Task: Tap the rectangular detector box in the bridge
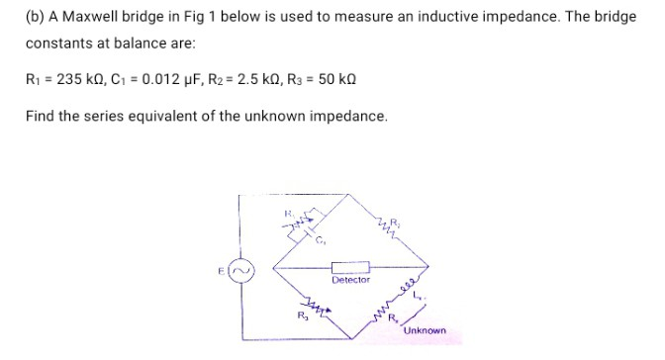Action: pos(350,267)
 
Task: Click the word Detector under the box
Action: pos(350,280)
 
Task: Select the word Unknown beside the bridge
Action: pos(425,330)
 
